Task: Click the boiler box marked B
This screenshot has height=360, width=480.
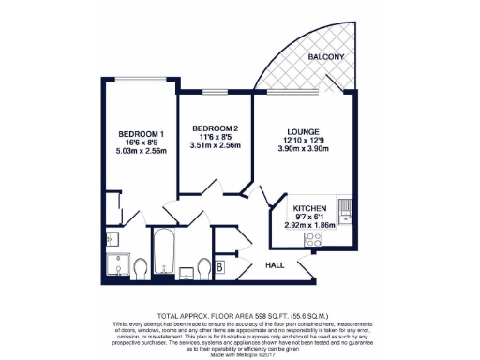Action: [x=218, y=268]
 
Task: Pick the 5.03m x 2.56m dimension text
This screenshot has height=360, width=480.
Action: [x=127, y=150]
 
